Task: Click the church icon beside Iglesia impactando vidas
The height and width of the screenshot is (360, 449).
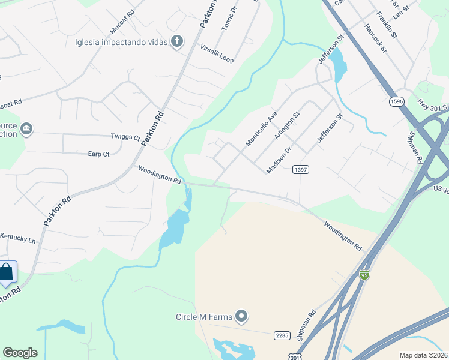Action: point(176,41)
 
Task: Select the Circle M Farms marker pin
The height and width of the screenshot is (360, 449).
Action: point(241,316)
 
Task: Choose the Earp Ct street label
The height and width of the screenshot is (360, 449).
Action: point(98,154)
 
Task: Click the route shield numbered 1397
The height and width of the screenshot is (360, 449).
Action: point(301,170)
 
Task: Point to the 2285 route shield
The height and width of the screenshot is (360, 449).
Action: point(282,335)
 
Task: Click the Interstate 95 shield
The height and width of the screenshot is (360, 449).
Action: point(364,274)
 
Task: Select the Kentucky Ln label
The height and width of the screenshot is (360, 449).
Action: point(18,239)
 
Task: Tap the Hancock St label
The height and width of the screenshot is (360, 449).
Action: point(375,38)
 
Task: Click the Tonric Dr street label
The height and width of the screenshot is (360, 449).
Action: point(229,20)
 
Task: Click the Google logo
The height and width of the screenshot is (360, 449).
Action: point(20,353)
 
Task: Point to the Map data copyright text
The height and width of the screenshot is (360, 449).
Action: point(423,355)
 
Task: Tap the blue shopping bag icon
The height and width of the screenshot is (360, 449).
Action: point(6,272)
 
